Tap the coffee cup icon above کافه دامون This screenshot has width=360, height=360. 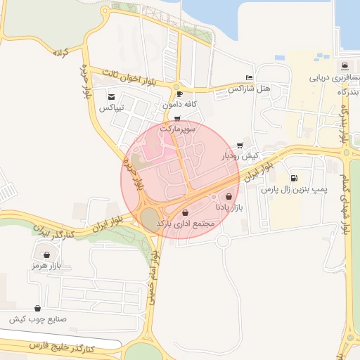click(x=179, y=94)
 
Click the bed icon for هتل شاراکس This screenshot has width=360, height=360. click(x=249, y=78)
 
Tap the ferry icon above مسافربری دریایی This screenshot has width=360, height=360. click(x=344, y=67)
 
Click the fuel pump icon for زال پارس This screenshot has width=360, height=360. click(x=292, y=178)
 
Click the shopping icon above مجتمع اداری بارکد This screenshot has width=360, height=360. click(x=185, y=212)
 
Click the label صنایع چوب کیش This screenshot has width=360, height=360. click(x=37, y=319)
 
